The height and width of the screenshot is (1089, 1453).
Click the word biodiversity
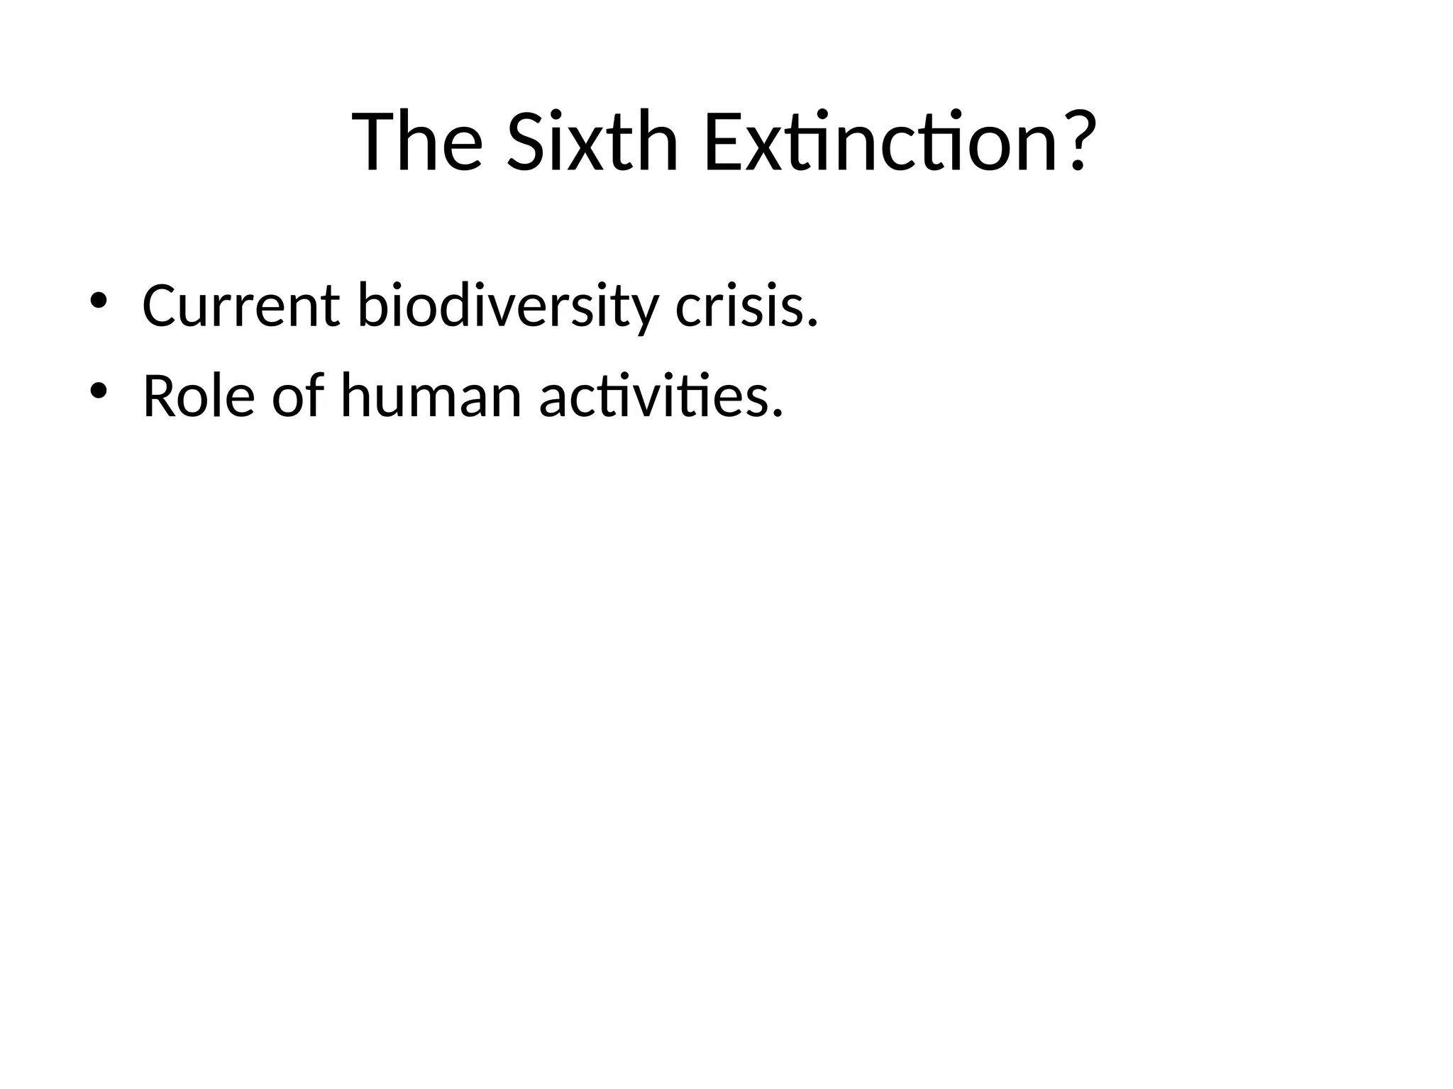(x=507, y=306)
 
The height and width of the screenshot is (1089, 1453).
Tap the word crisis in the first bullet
(x=739, y=306)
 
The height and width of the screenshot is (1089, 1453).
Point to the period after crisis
(x=813, y=325)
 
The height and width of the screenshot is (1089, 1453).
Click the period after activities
(x=778, y=415)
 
